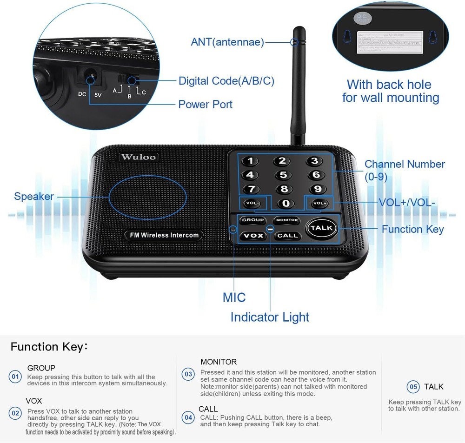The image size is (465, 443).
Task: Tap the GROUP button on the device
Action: (252, 220)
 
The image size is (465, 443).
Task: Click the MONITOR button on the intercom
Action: (286, 220)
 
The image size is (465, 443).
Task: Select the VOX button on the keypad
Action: (253, 236)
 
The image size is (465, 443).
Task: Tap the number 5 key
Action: (283, 175)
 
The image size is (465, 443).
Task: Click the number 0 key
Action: (286, 203)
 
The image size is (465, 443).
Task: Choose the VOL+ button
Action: (319, 203)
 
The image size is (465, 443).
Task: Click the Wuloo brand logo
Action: (139, 157)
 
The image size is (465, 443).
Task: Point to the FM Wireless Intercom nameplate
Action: (164, 235)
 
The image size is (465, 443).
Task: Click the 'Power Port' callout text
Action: (205, 104)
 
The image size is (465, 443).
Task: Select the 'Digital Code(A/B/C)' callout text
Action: (226, 81)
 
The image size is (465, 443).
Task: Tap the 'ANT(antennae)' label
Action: (227, 42)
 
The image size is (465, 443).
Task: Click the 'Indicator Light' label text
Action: (270, 317)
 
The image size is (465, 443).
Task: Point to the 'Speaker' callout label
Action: (33, 196)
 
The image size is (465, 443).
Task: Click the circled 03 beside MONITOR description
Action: (188, 374)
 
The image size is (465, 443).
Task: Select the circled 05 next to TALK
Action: (413, 387)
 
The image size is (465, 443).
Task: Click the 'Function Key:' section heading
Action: (49, 347)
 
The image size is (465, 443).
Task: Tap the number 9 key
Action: (318, 189)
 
